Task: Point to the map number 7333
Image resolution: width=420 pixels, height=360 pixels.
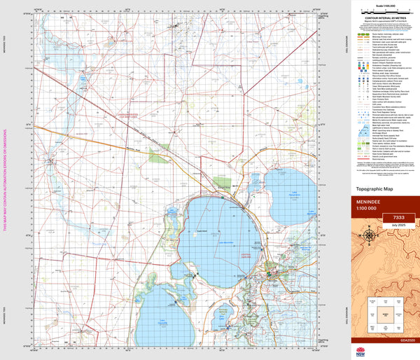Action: pyautogui.click(x=398, y=219)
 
